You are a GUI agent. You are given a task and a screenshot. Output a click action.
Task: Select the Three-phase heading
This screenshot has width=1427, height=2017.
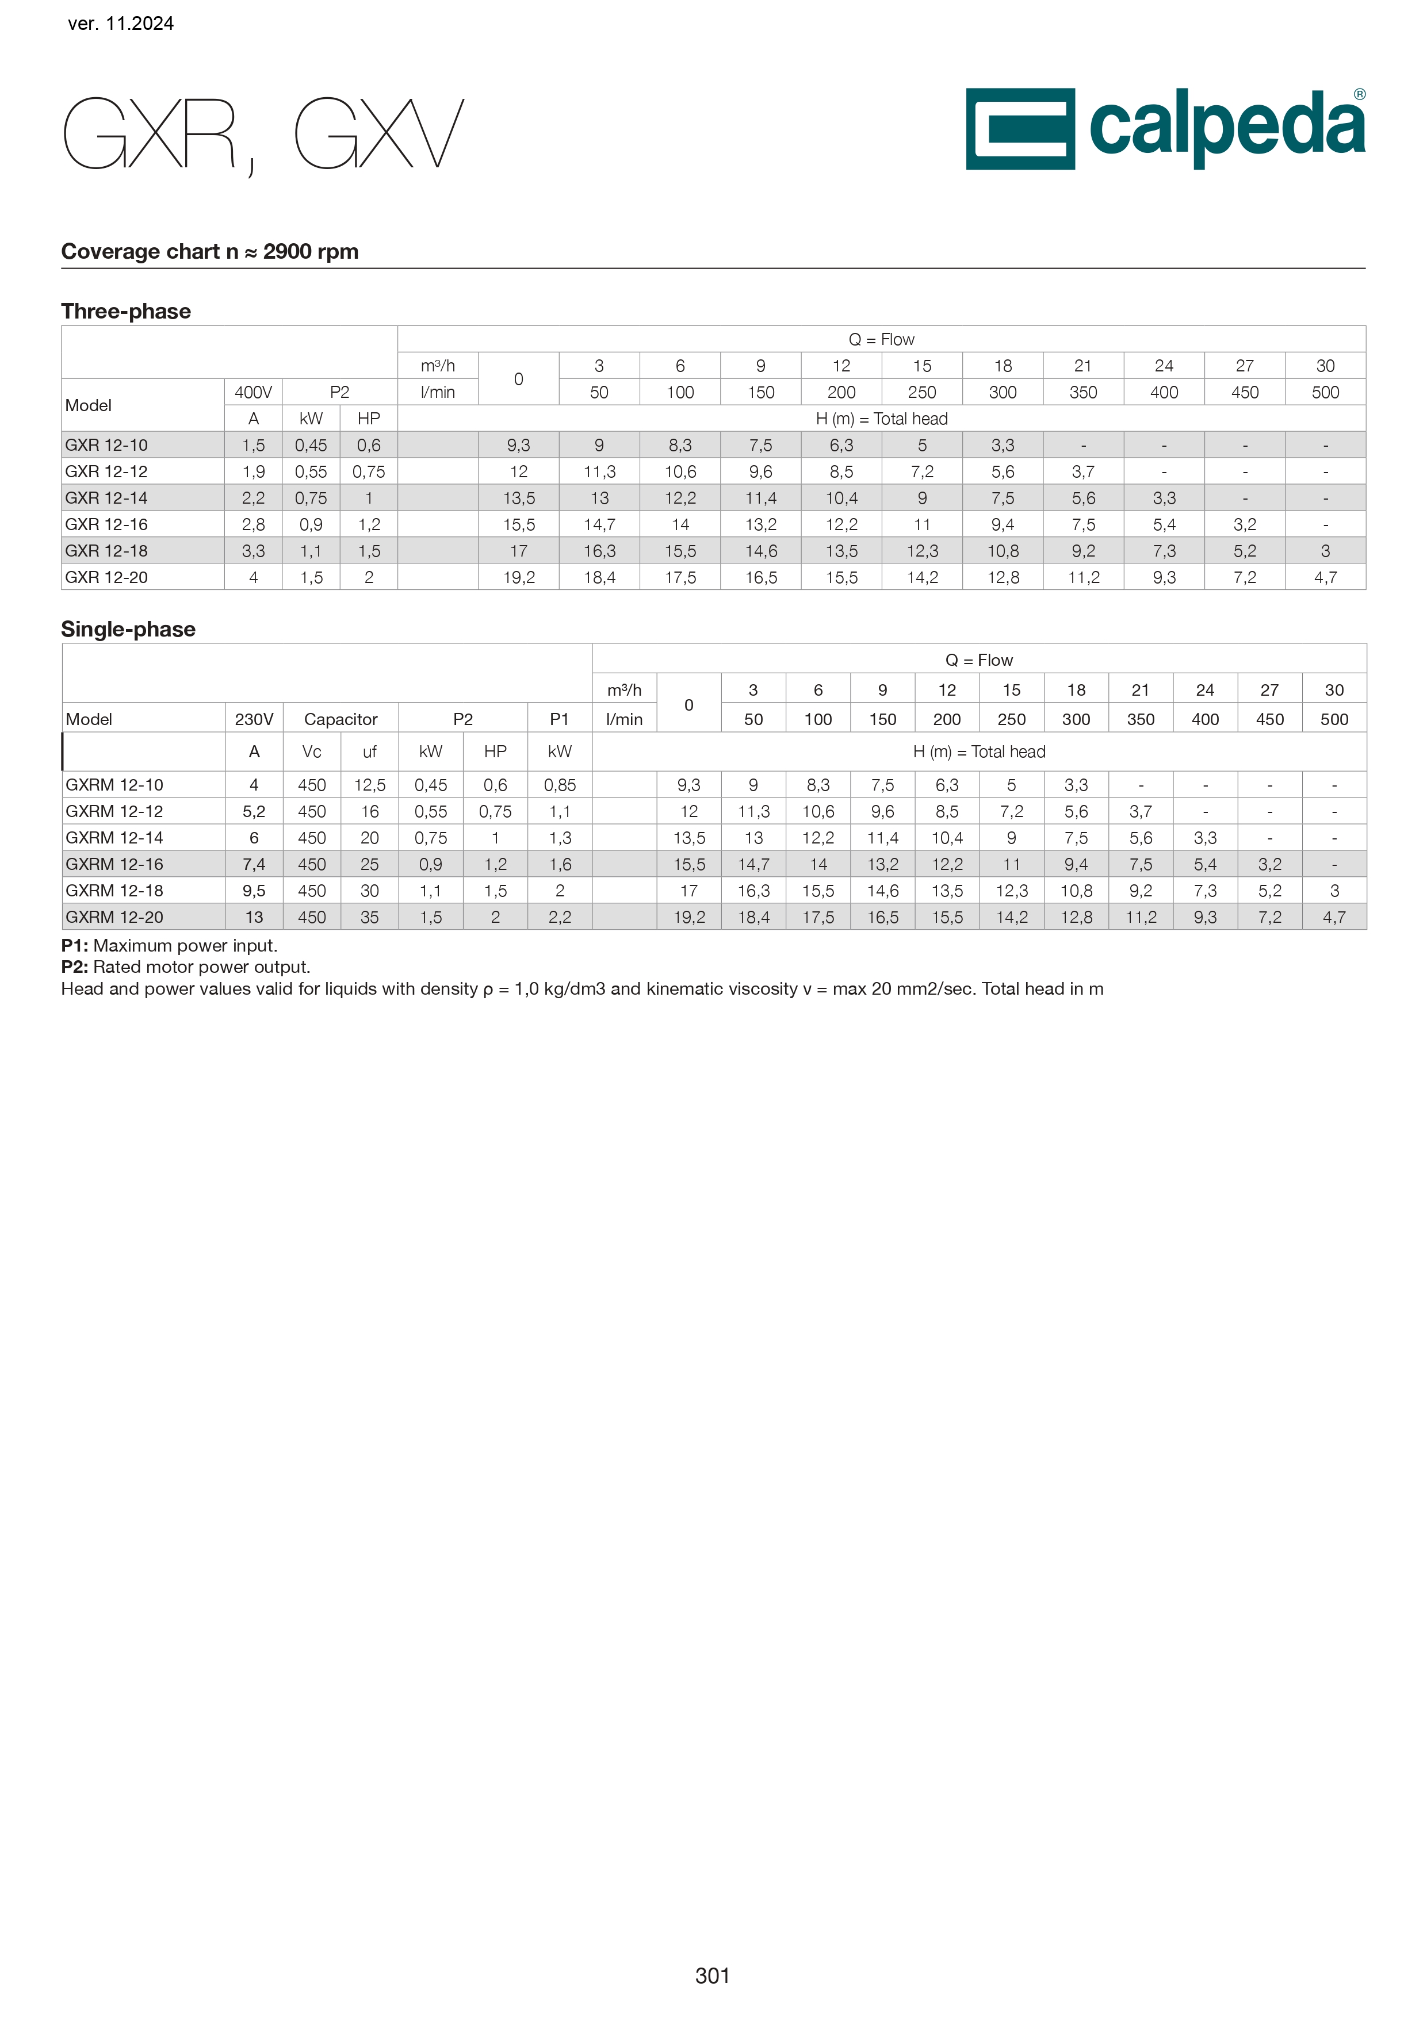125,311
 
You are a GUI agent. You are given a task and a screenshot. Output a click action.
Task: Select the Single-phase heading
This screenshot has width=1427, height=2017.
128,629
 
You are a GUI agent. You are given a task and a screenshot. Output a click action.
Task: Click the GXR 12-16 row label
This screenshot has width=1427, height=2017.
106,524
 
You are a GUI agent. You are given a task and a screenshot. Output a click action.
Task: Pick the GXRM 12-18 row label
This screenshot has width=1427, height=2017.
114,891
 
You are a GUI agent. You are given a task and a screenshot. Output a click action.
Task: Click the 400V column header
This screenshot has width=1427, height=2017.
253,392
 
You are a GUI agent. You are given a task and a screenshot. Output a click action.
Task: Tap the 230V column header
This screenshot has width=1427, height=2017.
254,719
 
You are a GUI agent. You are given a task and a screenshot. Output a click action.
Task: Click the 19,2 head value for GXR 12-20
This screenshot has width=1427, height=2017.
518,577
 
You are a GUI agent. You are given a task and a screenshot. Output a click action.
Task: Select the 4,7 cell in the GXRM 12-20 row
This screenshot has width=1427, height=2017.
1334,917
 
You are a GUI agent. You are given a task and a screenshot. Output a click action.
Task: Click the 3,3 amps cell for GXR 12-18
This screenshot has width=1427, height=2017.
253,551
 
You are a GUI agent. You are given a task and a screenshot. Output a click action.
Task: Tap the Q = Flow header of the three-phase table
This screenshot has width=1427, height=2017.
881,340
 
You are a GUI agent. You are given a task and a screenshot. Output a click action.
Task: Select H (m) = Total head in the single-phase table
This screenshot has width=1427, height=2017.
979,752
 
